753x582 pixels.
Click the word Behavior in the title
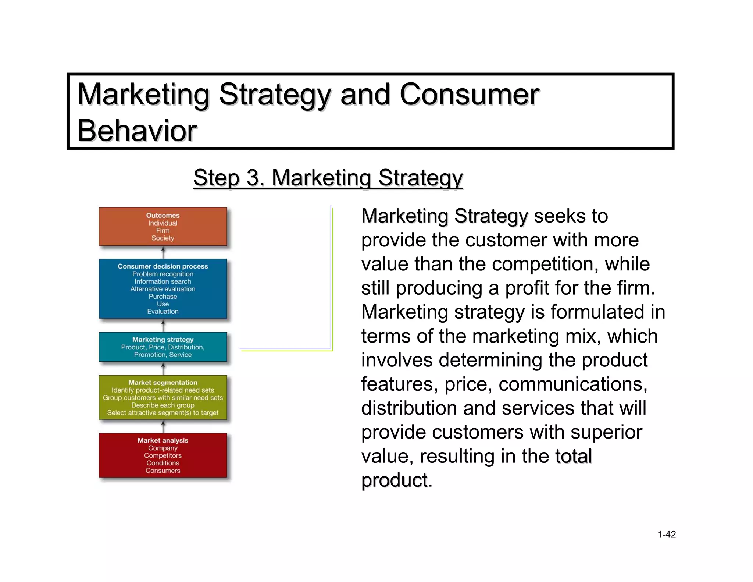(x=137, y=131)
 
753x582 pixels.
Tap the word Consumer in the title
(x=469, y=95)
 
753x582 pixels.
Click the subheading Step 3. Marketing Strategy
(x=328, y=178)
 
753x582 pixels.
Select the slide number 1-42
(x=666, y=534)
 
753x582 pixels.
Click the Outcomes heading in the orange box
(x=163, y=215)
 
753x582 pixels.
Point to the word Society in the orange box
(x=163, y=238)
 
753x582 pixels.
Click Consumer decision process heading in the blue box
(x=163, y=266)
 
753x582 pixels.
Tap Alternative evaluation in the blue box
(x=163, y=289)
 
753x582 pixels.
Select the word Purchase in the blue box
(x=163, y=297)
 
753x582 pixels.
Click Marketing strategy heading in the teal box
(x=163, y=339)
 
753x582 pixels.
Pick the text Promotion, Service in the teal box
(x=163, y=355)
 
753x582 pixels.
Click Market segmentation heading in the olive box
(x=163, y=382)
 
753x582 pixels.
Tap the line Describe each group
(x=163, y=405)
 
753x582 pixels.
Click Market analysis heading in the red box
(x=163, y=440)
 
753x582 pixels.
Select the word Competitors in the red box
(x=163, y=455)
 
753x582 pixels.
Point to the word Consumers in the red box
(x=163, y=471)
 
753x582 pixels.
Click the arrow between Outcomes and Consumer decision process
(x=163, y=252)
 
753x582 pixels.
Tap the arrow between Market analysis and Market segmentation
(x=163, y=426)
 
